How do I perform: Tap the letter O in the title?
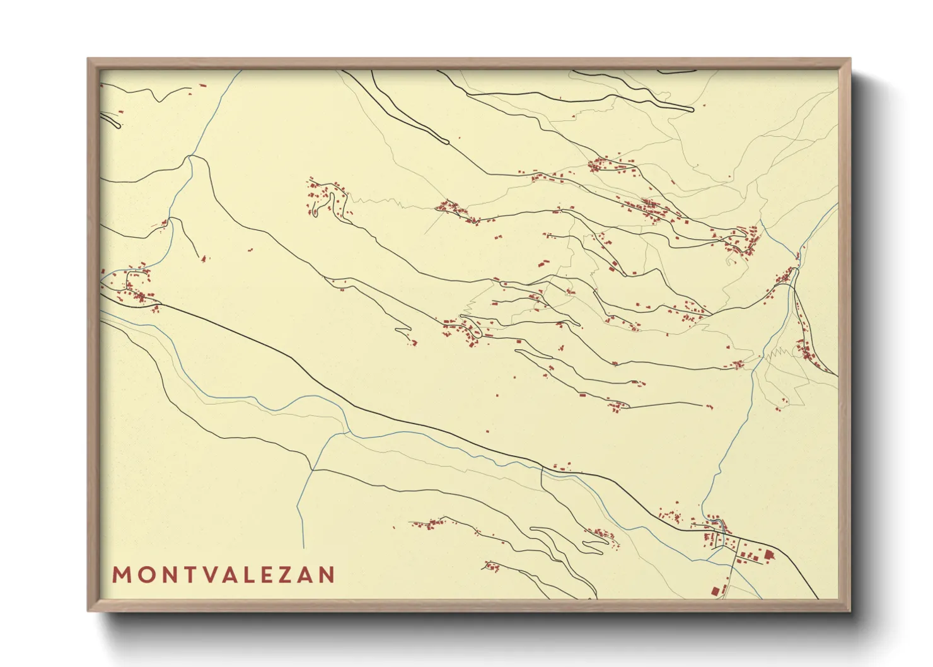coord(144,575)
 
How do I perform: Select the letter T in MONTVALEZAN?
coord(189,575)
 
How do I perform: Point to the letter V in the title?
coord(211,575)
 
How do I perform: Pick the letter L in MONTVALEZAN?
coord(257,575)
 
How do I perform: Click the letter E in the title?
coord(278,575)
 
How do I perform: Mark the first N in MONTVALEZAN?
coord(167,575)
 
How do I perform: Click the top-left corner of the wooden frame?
coord(88,59)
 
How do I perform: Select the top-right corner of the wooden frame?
coord(850,59)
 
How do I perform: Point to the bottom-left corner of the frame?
coord(88,611)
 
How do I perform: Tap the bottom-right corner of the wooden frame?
coord(850,611)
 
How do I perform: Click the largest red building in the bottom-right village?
coord(769,555)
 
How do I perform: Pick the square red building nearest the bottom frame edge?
coord(715,591)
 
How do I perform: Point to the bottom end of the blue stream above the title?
coord(303,547)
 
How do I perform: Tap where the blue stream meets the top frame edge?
coord(241,71)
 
